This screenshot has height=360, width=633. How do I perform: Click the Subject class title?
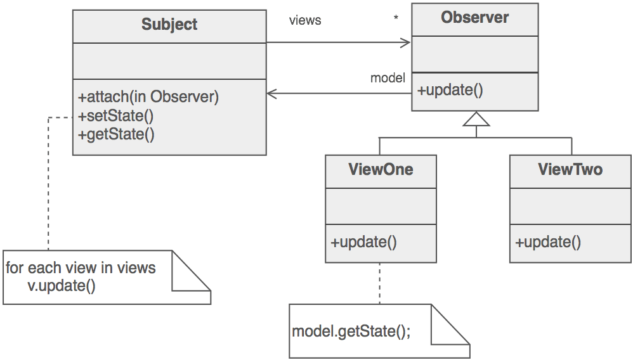pos(169,25)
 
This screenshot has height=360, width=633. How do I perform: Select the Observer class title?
pos(474,18)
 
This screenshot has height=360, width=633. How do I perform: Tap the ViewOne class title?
pos(381,170)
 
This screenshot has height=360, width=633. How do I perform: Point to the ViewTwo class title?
pos(570,170)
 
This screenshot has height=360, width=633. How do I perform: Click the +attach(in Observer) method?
pos(148,98)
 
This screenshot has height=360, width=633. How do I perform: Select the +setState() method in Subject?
pos(116,116)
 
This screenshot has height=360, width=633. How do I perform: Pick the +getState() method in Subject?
pos(116,134)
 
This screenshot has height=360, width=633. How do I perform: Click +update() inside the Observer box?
pos(450,90)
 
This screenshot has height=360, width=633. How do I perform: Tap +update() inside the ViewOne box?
pos(363,242)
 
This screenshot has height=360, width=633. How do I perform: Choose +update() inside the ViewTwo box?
pos(548,242)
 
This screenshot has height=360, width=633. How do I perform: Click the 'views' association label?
pos(305,20)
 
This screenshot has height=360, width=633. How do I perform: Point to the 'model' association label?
pos(388,78)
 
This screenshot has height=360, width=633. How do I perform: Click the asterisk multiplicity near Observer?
pos(396,18)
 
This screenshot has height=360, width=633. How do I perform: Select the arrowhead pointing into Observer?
pos(406,42)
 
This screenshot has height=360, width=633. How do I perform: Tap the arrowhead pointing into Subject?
pos(271,94)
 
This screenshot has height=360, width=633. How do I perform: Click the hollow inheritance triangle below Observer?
pos(476,119)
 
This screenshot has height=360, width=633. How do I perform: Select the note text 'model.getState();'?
pos(351,332)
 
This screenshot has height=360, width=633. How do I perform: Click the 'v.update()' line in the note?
pos(62,285)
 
